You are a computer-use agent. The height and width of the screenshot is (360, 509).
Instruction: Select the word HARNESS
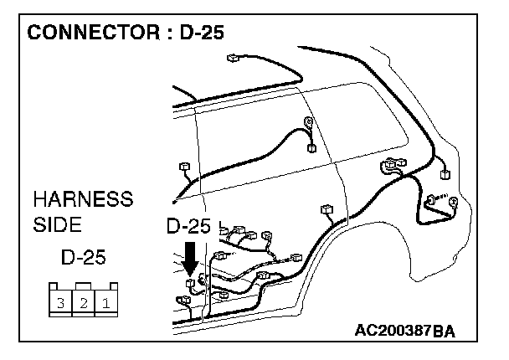point(82,200)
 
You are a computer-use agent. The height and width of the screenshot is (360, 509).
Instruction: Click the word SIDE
point(57,225)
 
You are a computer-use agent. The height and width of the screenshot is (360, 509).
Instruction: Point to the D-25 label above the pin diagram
point(83,255)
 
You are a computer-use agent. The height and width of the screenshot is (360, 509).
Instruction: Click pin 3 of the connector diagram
point(61,303)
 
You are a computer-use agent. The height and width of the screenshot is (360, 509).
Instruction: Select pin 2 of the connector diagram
point(84,303)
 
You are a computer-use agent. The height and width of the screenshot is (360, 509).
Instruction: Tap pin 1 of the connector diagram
point(105,303)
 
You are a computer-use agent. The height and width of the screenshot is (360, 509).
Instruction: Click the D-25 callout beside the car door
point(188,226)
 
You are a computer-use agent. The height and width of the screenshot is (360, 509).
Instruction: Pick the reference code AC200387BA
point(404,332)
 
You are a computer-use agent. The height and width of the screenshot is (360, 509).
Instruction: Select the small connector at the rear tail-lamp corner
point(445,176)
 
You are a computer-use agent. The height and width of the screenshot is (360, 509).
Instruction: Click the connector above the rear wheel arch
point(325,209)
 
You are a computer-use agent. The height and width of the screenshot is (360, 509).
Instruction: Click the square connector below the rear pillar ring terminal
point(311,149)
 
